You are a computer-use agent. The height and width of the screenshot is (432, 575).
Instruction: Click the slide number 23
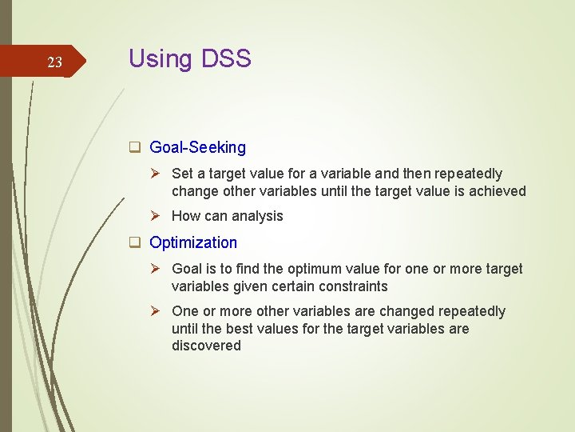click(x=54, y=62)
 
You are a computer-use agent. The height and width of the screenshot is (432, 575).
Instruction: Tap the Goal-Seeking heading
click(x=197, y=147)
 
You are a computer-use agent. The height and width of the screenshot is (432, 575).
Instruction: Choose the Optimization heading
click(x=193, y=242)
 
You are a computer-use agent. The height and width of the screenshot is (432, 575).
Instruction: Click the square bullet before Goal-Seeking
click(x=136, y=147)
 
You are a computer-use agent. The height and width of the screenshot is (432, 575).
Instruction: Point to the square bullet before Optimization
click(x=136, y=242)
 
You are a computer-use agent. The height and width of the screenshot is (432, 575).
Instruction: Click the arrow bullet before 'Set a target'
click(x=158, y=174)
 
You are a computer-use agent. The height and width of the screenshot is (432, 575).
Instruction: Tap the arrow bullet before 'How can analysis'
click(x=158, y=216)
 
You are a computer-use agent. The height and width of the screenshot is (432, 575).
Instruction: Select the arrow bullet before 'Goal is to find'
click(x=158, y=269)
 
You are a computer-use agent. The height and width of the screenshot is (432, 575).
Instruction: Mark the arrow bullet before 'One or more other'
click(x=158, y=311)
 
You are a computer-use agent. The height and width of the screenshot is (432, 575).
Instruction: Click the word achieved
click(x=497, y=191)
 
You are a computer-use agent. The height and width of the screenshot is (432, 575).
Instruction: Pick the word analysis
click(x=257, y=216)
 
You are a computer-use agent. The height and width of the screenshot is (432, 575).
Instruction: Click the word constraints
click(x=352, y=286)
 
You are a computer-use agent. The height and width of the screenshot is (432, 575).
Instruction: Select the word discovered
click(x=206, y=346)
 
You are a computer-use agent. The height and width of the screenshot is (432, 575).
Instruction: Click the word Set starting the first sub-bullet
click(x=182, y=174)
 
